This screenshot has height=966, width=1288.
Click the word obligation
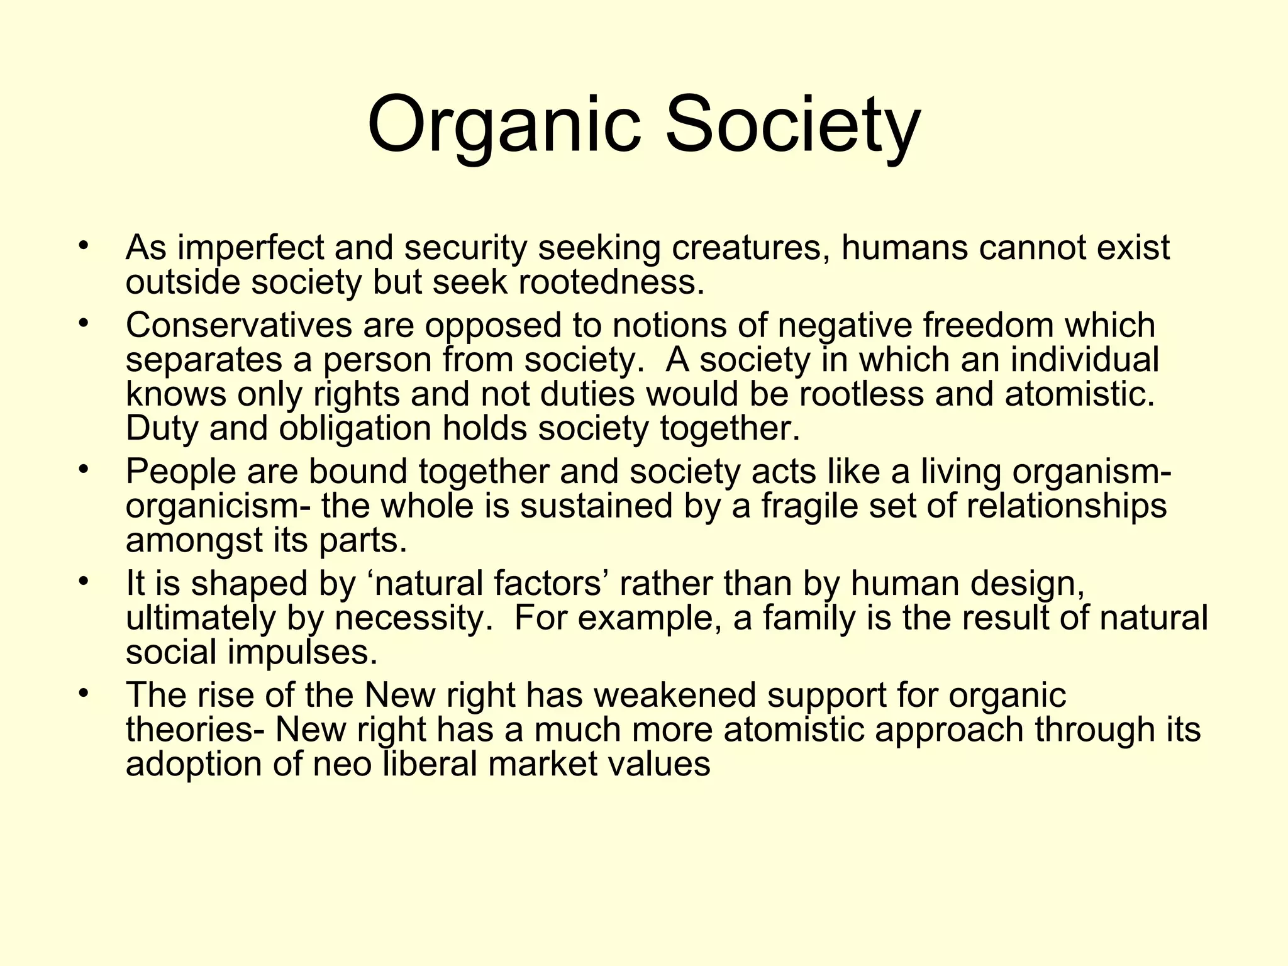coord(355,429)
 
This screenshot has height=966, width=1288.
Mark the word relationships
coord(1066,506)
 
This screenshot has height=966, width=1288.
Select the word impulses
coord(302,652)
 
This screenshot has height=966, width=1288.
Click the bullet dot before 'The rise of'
coord(82,692)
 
